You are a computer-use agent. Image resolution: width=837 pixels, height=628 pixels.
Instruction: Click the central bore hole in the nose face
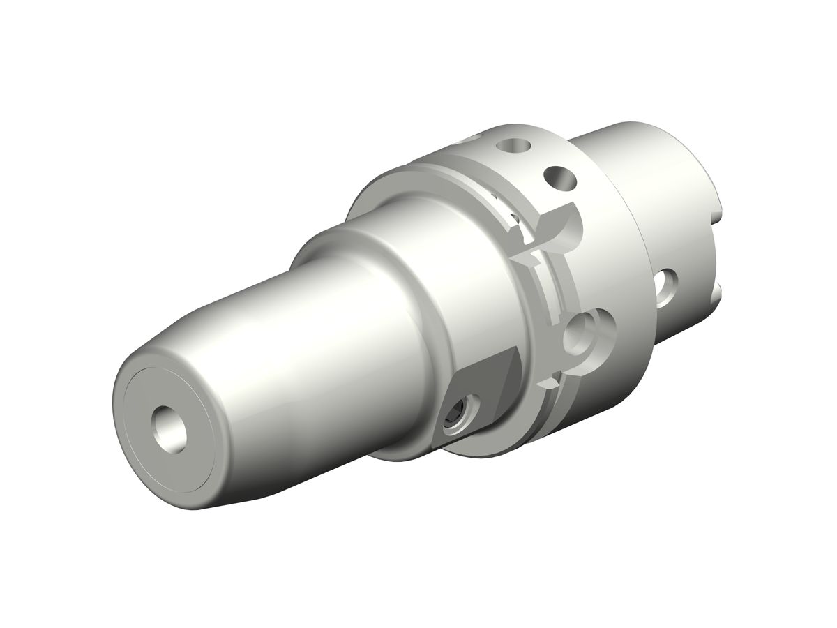[x=169, y=427]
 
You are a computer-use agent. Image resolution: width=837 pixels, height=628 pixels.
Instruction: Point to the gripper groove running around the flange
[x=537, y=293]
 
